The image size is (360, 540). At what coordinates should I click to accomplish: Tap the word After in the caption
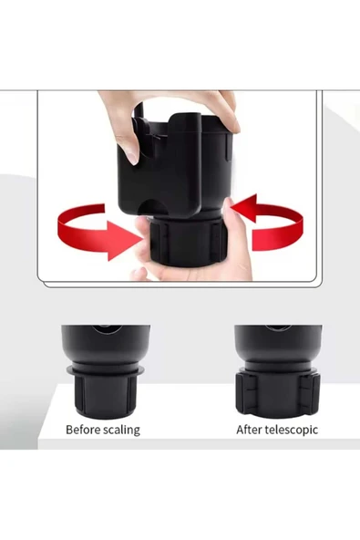coord(249,430)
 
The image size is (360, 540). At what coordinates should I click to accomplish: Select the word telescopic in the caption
coord(291,431)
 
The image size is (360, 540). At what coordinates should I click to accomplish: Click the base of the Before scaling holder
coord(106,395)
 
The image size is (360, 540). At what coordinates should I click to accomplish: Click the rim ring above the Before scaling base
coord(106,371)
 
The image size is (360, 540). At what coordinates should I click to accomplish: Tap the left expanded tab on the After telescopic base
coord(246,394)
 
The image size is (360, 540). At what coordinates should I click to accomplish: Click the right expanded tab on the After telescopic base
coord(310,394)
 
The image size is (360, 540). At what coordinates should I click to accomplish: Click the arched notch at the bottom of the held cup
coord(152,207)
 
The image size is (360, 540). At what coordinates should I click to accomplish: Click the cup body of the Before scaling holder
coord(106,345)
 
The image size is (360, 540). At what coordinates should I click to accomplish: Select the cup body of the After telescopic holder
coord(279,345)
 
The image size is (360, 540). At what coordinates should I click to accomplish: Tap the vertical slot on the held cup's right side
coord(228,149)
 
